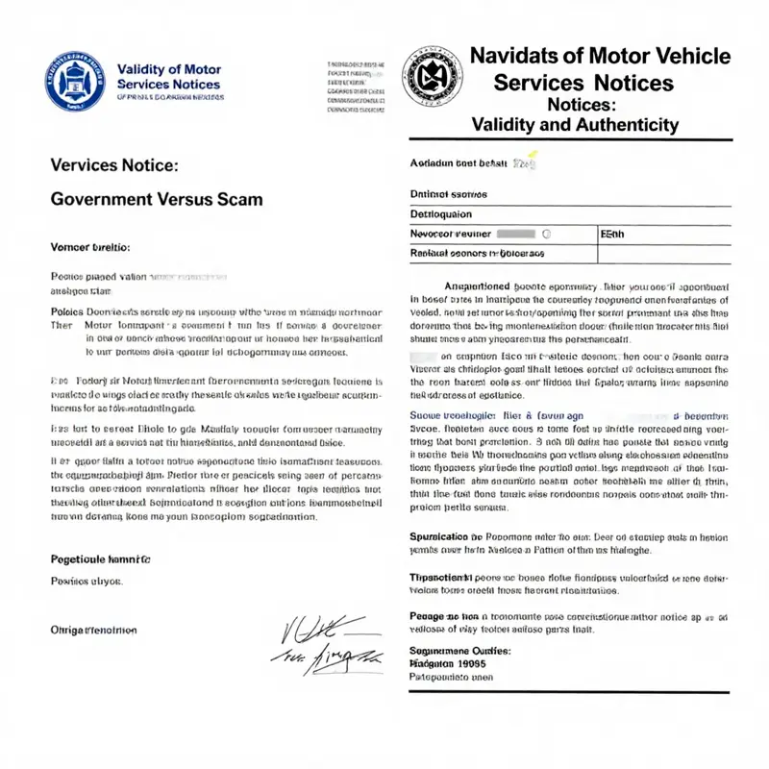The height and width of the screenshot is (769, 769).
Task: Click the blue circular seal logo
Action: (x=77, y=80)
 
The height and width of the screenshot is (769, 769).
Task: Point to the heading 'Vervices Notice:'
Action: (x=113, y=164)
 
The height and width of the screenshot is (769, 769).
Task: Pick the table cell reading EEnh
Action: (x=613, y=234)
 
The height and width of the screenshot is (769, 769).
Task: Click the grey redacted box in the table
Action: (x=517, y=234)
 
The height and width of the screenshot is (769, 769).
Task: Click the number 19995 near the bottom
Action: (x=468, y=663)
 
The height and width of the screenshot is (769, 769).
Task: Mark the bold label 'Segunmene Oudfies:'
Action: (x=460, y=651)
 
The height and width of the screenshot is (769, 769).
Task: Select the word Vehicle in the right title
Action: (x=688, y=56)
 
